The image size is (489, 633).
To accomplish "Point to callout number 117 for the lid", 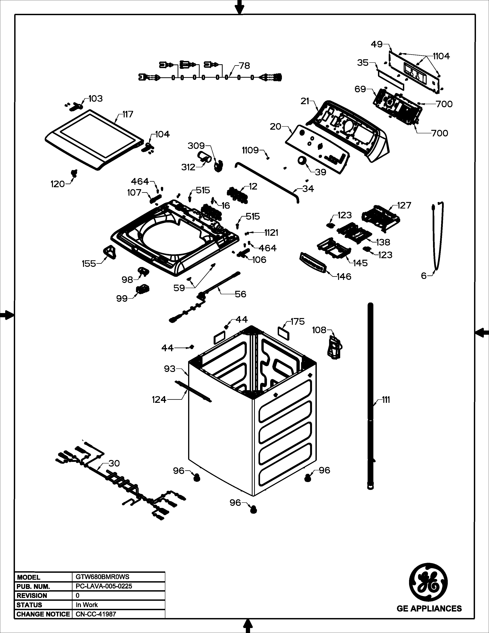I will tap(128, 115).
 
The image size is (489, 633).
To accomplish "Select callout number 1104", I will tap(441, 56).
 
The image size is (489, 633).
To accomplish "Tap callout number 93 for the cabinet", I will tap(170, 369).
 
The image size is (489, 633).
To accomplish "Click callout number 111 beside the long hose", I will tap(386, 400).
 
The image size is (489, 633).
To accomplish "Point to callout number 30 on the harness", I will tap(114, 463).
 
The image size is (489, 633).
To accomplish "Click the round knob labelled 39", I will tap(302, 160).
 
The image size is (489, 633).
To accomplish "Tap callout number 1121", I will tap(271, 232).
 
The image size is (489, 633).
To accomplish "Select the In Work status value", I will tap(87, 605).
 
